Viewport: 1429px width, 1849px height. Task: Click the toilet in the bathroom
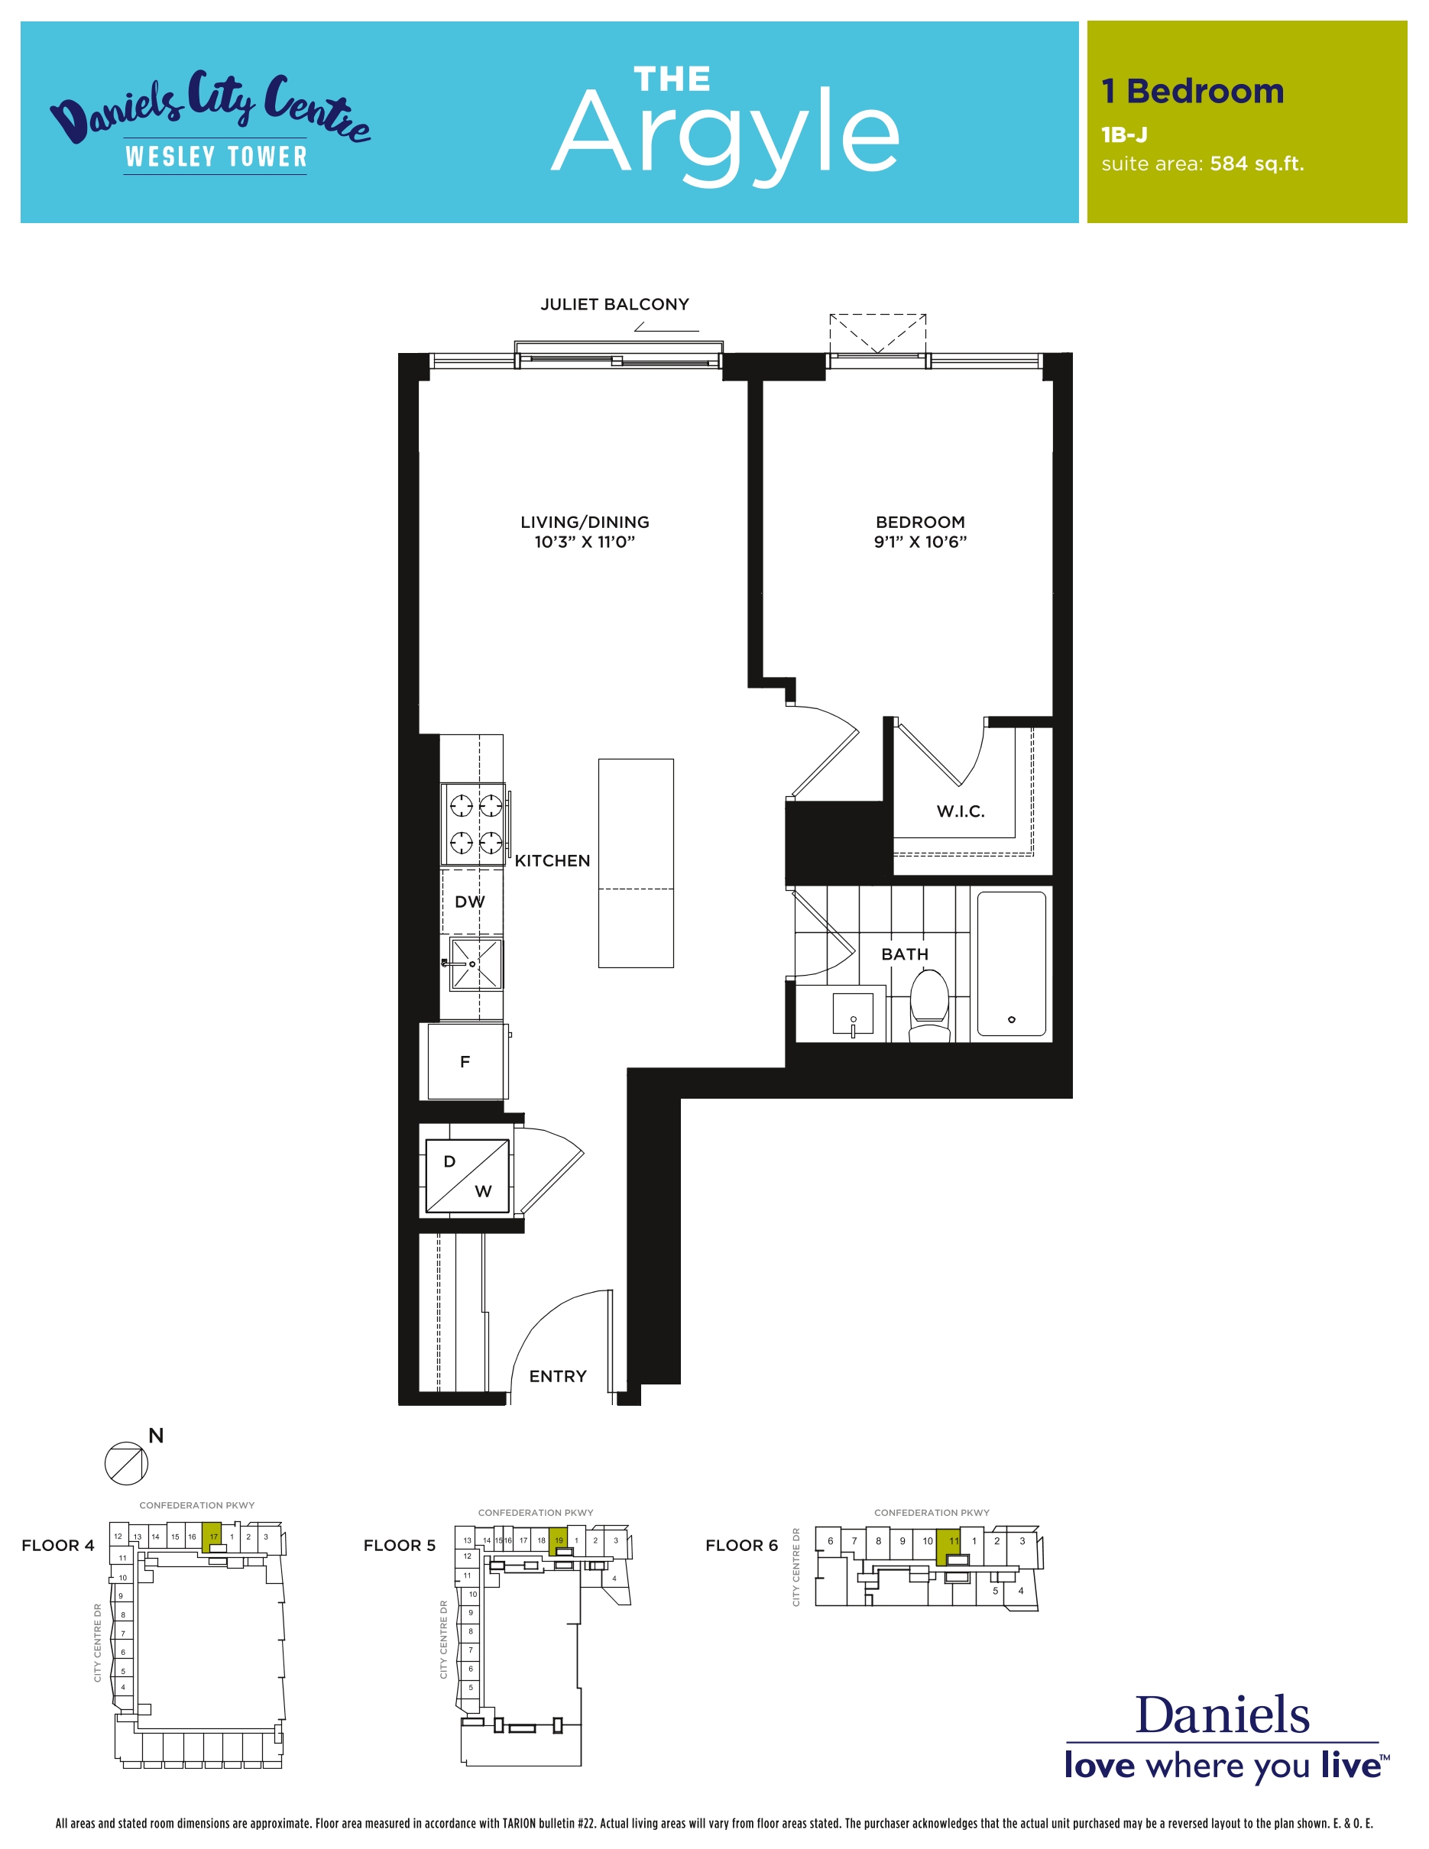[x=928, y=1005]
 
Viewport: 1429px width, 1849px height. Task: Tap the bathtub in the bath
[x=1011, y=963]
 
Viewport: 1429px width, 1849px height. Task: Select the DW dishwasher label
[x=470, y=902]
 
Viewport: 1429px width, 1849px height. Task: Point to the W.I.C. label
[x=960, y=811]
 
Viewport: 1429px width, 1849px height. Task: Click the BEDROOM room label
[x=920, y=523]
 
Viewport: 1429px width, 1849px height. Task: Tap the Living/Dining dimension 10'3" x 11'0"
[x=584, y=542]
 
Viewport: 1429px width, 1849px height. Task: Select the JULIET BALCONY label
[x=614, y=304]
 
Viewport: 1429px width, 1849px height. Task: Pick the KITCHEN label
[x=552, y=860]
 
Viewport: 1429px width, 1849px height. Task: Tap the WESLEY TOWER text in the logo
[x=215, y=157]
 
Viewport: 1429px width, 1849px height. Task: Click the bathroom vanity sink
[x=853, y=1014]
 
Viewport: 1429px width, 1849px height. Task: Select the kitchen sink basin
[x=476, y=964]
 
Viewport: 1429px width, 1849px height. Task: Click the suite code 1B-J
[x=1124, y=134]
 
